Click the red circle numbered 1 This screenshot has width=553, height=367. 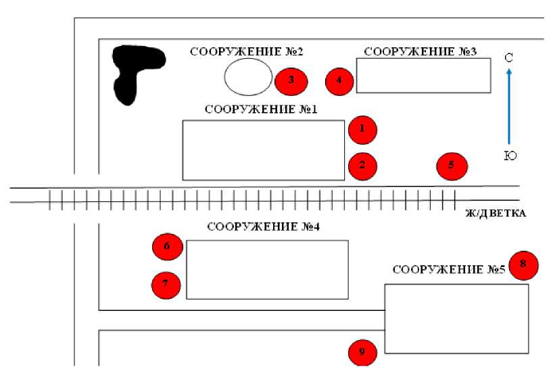[x=362, y=129]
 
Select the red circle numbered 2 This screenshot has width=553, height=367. [x=362, y=166]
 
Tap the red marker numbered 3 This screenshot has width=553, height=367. [x=291, y=80]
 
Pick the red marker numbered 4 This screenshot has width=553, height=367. [x=339, y=81]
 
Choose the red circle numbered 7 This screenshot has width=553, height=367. [x=166, y=284]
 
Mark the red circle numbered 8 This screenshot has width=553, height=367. [x=524, y=264]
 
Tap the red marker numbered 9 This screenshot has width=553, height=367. [x=362, y=351]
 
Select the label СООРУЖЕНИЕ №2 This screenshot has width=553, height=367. [x=246, y=51]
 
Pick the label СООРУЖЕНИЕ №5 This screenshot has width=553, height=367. [x=448, y=270]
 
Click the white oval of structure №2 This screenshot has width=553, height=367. [x=248, y=76]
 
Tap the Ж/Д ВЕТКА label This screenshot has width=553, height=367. [x=496, y=214]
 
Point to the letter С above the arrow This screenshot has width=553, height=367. [x=508, y=57]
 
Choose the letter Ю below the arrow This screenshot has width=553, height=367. [x=510, y=156]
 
